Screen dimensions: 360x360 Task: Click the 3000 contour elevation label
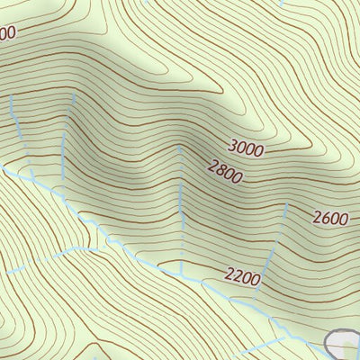point(246,148)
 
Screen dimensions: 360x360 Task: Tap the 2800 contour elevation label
point(224,171)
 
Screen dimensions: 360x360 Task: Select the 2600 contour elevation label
point(330,216)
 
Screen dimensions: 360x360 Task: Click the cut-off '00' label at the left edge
point(7,33)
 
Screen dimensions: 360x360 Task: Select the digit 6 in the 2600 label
point(326,216)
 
